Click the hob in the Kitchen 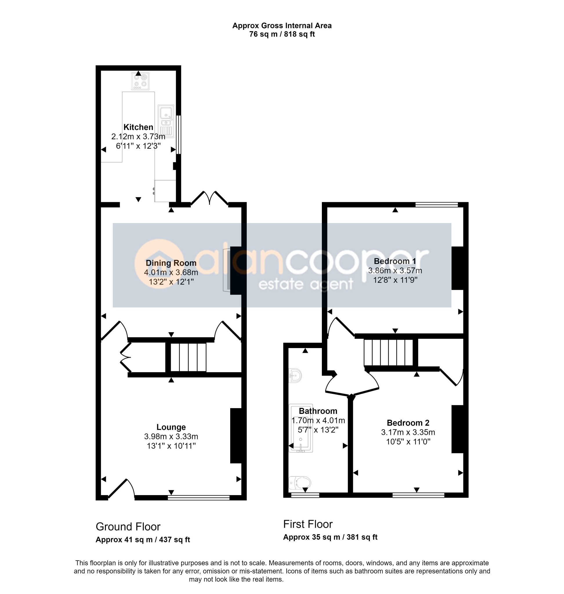(x=140, y=81)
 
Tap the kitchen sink (x=166, y=121)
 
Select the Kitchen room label (x=138, y=127)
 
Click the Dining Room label (x=171, y=263)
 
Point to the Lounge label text (x=171, y=427)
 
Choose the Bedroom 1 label (x=395, y=261)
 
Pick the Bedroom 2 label (x=408, y=423)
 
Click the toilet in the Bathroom (x=300, y=483)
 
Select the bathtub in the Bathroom (x=301, y=428)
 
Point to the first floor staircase (x=389, y=352)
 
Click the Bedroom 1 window (x=436, y=205)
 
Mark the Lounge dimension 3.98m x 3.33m (x=171, y=437)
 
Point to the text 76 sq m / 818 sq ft (x=282, y=34)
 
